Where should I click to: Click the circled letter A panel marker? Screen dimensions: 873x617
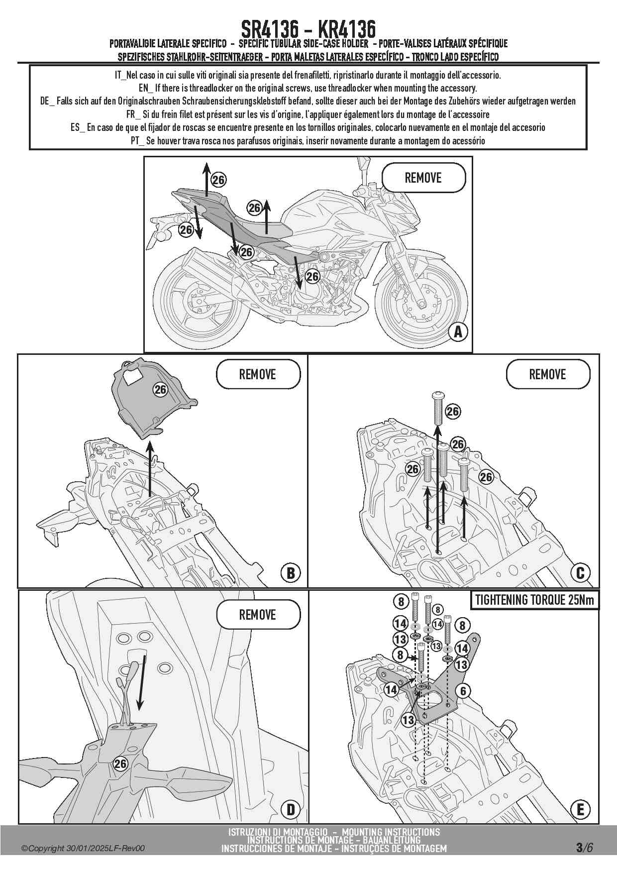(x=458, y=331)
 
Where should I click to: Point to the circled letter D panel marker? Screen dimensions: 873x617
(x=291, y=810)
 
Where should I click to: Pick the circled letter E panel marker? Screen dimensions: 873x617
(x=580, y=810)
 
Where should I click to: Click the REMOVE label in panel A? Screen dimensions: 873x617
(x=423, y=178)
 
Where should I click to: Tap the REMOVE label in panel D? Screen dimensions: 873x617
(x=258, y=614)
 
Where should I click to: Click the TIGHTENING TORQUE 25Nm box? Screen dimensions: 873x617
(x=534, y=600)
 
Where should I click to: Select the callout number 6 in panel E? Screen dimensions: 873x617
(x=463, y=691)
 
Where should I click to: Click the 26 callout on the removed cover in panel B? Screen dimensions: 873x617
(x=160, y=390)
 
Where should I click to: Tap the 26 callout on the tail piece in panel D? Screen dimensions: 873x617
(x=120, y=764)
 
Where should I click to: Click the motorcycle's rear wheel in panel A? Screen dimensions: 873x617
(x=198, y=304)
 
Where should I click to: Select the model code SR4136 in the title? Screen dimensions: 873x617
(x=269, y=28)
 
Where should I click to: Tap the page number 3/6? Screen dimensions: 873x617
(x=584, y=847)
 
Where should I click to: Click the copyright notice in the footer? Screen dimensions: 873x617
(x=83, y=848)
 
